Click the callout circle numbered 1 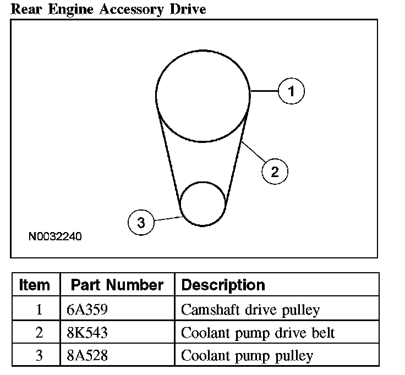(291, 91)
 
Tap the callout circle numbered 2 (275, 172)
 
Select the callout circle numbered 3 (141, 223)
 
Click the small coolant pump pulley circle (204, 203)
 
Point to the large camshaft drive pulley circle (202, 96)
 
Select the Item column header (35, 285)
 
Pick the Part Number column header (117, 285)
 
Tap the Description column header (223, 285)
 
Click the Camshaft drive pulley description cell (250, 310)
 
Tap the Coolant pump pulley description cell (247, 355)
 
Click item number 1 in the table (39, 310)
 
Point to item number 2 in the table (39, 333)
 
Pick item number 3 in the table (39, 355)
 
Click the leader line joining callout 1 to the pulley (264, 91)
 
